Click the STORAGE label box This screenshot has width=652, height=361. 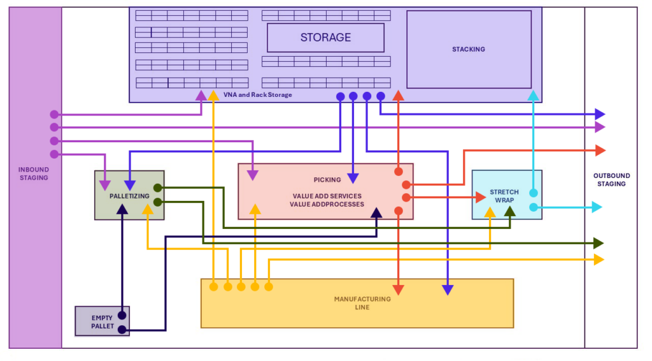tap(325, 38)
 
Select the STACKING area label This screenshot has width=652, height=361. tap(468, 49)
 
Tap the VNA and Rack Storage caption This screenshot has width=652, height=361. tap(258, 95)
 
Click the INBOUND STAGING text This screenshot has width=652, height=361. tap(34, 173)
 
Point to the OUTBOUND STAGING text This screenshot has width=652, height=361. tap(611, 180)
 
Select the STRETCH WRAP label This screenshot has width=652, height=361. tap(504, 196)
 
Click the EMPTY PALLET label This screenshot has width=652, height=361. tap(103, 321)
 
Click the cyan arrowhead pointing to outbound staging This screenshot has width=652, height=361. tap(596, 207)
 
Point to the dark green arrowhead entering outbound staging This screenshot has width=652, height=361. tap(598, 243)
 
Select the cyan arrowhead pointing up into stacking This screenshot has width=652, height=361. tap(534, 96)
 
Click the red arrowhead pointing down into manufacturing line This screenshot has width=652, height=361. tap(399, 290)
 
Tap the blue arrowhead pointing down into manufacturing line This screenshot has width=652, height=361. tap(448, 290)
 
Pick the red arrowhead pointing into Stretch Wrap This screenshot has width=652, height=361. tap(481, 197)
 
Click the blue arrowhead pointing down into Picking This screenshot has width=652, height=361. tap(353, 178)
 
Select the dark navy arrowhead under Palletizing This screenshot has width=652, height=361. tap(122, 209)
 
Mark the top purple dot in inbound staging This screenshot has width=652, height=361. tap(54, 115)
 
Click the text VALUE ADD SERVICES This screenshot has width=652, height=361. tap(327, 196)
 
